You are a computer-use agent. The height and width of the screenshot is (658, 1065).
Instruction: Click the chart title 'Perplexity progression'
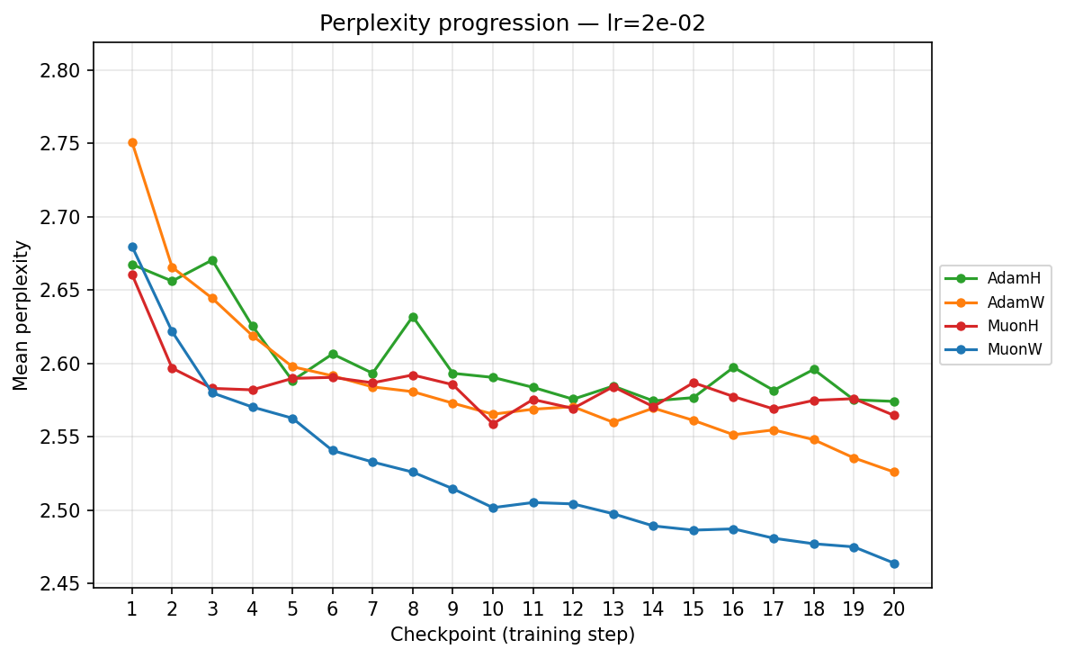(512, 23)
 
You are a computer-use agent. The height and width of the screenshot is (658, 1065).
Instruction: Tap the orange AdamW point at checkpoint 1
(132, 142)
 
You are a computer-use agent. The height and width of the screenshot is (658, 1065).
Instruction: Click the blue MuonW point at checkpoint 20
(894, 563)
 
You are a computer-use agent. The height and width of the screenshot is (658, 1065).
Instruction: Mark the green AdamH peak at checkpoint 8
(413, 317)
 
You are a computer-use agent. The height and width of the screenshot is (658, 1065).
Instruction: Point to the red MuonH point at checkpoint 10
(493, 424)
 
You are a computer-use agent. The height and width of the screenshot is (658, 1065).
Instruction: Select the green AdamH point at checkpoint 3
(212, 260)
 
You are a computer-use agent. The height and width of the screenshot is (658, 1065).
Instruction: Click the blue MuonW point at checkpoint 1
(132, 247)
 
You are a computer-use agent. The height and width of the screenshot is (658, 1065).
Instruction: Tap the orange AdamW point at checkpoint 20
(894, 472)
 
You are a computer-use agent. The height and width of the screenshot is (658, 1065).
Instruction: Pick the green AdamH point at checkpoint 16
(734, 367)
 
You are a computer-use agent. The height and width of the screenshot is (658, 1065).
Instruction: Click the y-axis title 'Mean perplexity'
(21, 315)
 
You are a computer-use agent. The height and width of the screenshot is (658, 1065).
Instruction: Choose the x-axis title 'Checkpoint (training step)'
(512, 635)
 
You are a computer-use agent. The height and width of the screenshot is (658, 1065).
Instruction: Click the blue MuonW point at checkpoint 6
(333, 450)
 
